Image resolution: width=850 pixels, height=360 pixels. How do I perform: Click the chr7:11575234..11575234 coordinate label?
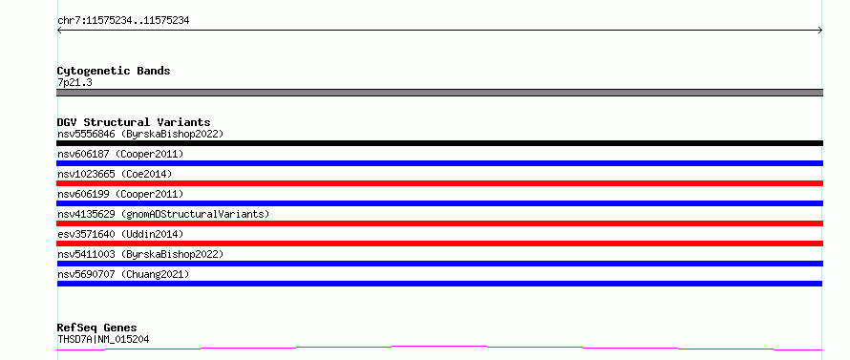coord(123,21)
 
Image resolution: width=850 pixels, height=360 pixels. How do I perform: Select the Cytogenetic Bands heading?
coord(114,71)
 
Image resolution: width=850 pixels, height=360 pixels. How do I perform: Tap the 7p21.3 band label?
coord(74,82)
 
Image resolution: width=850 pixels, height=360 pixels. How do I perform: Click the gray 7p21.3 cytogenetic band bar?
coord(439,93)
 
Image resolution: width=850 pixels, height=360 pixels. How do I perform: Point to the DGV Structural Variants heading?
coord(134,122)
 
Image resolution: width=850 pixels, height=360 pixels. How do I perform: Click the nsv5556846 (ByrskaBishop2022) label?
coord(140,134)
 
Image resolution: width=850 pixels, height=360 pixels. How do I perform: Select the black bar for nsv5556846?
coord(439,143)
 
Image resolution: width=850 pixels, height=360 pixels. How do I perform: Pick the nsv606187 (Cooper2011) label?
coord(120,154)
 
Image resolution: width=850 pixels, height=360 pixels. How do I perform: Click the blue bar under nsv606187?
coord(439,163)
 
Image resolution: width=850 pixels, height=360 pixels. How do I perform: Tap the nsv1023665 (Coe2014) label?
coord(115,174)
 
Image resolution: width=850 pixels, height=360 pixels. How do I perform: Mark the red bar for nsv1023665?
coord(439,183)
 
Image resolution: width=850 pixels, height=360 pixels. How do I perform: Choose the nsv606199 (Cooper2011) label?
coord(120,194)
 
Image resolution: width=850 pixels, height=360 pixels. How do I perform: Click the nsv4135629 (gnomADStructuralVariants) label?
coord(163,214)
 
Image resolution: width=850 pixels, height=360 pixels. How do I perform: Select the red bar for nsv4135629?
coord(439,223)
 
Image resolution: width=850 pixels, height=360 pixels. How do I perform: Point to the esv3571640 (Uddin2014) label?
coord(120,234)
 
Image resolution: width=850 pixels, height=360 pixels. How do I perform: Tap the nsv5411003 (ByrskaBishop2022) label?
coord(140,254)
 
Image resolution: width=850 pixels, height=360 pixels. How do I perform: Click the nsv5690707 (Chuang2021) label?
coord(123,274)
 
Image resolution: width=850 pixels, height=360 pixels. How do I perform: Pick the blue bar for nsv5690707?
coord(439,284)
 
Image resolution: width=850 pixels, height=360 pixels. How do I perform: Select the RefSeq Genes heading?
coord(97,328)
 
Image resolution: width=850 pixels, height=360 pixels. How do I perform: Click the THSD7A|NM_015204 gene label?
coord(103,339)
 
